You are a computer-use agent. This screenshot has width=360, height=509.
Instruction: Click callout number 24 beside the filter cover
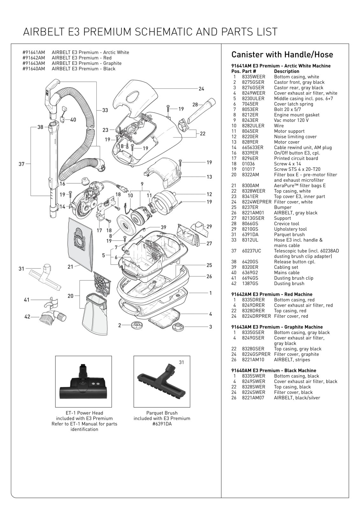pos(201,89)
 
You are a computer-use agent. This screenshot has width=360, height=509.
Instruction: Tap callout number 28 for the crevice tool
pos(195,104)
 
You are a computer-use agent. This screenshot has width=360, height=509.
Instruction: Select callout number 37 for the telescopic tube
pos(21,164)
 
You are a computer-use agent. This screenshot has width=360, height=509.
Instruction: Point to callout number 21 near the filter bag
pos(70,267)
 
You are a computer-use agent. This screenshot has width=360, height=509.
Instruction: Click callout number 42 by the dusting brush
pos(27,317)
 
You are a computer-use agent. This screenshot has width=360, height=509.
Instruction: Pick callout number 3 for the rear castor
pos(210,327)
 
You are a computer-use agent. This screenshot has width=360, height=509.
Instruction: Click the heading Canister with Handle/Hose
pos(282,54)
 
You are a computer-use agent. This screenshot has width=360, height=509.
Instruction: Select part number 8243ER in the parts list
pos(250,120)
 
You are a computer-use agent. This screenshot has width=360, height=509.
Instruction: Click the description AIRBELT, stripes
pos(292,359)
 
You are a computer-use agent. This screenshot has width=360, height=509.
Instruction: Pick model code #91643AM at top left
pos(34,63)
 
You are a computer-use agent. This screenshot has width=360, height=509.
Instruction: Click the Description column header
pos(286,71)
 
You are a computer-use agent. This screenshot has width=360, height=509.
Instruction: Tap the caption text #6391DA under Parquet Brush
pos(162,424)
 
